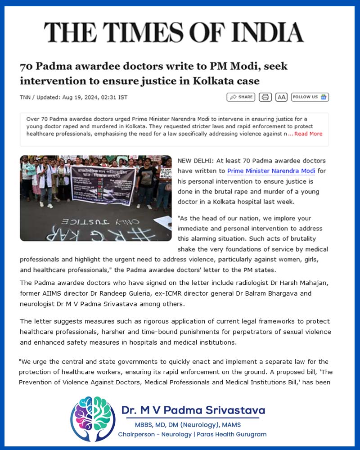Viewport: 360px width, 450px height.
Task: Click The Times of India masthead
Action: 174,32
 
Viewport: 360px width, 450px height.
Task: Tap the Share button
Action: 241,97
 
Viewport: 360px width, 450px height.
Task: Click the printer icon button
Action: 265,97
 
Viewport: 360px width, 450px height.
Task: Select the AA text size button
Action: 281,97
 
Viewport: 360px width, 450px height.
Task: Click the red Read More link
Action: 308,134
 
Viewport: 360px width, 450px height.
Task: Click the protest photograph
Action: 95,198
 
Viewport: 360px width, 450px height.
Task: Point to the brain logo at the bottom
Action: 93,418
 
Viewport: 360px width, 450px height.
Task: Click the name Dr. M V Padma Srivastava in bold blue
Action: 193,410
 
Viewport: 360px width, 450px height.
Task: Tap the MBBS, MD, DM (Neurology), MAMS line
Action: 188,425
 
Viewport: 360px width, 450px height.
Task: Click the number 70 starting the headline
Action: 26,67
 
